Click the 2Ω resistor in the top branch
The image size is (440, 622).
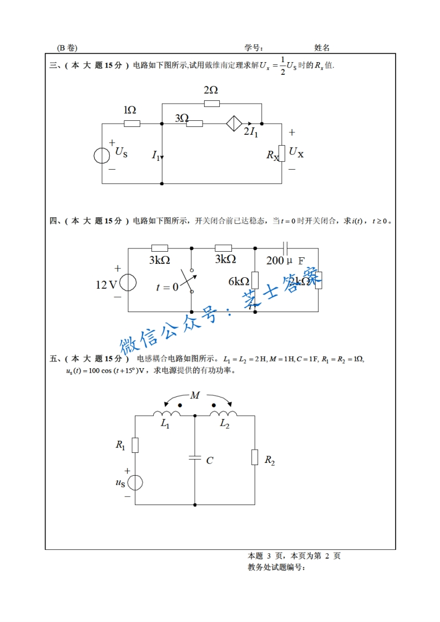pos(211,103)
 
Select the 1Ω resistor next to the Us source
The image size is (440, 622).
pos(132,123)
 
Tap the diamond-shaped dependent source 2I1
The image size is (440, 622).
pos(234,123)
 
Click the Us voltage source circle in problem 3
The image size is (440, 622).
pos(102,155)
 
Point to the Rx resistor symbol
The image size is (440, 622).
pos(282,154)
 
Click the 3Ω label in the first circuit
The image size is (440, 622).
pos(181,118)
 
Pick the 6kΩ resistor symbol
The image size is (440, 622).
pos(255,281)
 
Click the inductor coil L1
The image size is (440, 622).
pos(166,414)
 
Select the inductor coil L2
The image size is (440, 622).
pos(224,414)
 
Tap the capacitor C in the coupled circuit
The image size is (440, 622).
pos(195,458)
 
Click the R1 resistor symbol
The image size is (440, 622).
pos(135,445)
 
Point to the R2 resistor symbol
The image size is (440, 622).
pos(255,457)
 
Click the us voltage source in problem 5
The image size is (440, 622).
pos(135,483)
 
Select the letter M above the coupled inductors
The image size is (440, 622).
pos(195,395)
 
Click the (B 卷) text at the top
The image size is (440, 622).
pos(67,48)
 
